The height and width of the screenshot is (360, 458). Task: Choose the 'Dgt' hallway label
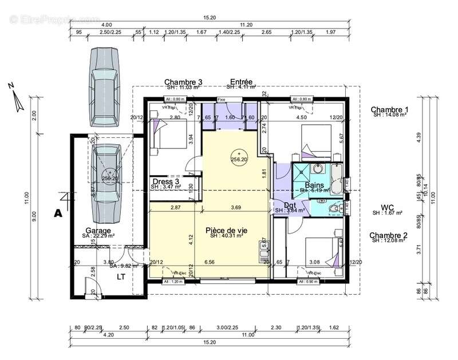tap(289, 204)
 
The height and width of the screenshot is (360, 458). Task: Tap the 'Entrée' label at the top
tap(241, 82)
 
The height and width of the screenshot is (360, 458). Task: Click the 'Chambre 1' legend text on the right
tap(389, 109)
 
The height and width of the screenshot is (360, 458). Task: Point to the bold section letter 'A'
tap(57, 213)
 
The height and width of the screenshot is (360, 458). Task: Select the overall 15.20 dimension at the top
tap(211, 18)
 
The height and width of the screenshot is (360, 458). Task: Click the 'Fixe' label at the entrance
tap(221, 99)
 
